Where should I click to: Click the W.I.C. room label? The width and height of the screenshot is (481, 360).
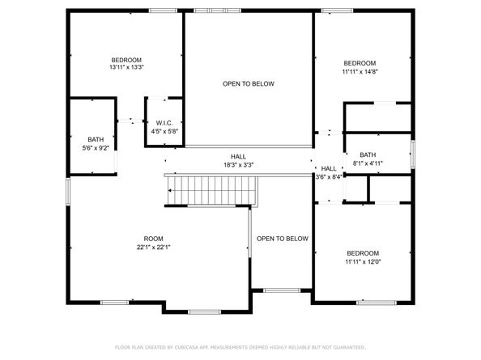click(164, 123)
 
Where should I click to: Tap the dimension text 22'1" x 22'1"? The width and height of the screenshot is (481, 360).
click(153, 248)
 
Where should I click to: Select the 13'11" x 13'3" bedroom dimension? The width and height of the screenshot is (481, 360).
click(126, 67)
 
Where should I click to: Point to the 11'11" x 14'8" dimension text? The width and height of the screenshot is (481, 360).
click(360, 72)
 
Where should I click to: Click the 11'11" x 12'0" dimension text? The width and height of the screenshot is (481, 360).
click(363, 262)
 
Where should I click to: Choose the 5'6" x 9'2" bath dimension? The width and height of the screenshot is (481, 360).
click(96, 148)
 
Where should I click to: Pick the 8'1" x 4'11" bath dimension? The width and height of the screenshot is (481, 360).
click(368, 163)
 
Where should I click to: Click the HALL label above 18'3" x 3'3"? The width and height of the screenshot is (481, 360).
click(238, 157)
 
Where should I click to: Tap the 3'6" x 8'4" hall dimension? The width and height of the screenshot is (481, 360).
click(329, 177)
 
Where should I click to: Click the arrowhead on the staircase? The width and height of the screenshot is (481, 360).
click(169, 191)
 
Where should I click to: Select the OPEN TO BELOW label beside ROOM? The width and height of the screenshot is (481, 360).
click(283, 239)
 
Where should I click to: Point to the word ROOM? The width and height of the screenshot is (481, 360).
click(153, 239)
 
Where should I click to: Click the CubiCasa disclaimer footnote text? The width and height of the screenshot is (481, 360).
click(240, 347)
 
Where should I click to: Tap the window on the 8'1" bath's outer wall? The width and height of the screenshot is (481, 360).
click(413, 154)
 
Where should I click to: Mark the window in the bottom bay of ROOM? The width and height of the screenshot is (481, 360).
click(205, 312)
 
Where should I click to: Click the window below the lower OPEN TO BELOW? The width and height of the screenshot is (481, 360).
click(282, 290)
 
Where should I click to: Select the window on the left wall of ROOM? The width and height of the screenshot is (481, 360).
click(68, 192)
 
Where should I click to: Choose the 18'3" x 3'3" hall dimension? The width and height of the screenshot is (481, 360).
click(238, 165)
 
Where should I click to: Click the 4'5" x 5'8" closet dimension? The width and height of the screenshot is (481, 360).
click(164, 132)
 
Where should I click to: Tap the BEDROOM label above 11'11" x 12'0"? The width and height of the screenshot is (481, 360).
click(363, 253)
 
